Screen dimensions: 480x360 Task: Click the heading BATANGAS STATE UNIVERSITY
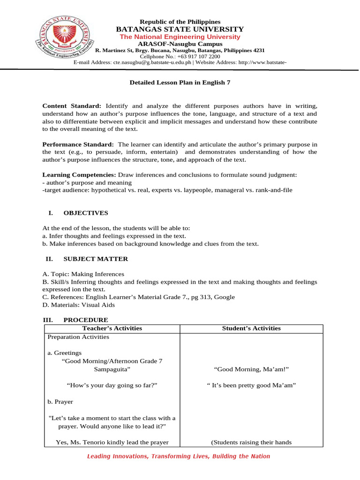[180, 29]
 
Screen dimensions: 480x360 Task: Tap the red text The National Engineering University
[180, 37]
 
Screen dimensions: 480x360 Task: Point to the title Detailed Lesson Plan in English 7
[180, 82]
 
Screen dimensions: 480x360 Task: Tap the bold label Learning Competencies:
[79, 175]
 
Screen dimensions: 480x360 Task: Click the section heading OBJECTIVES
[86, 213]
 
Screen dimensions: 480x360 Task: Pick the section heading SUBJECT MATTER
[96, 259]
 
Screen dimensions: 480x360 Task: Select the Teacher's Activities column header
[112, 328]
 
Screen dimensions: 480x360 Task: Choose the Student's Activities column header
[251, 328]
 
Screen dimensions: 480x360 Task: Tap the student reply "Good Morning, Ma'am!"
[251, 369]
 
